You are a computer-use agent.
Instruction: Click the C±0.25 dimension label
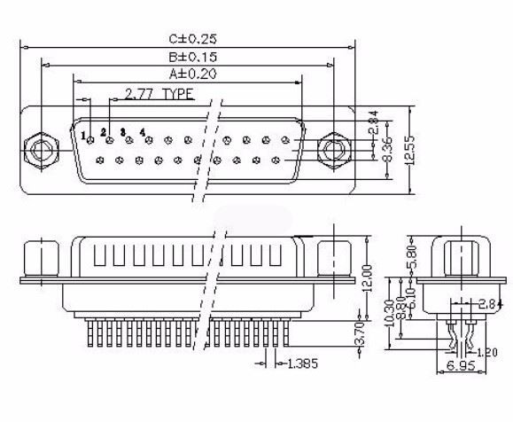(192, 38)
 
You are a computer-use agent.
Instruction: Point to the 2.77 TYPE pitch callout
(159, 92)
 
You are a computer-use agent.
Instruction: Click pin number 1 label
(84, 136)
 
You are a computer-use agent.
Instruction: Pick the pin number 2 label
(103, 132)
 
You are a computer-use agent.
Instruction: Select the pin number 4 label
(142, 131)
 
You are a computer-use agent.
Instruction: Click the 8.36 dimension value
(387, 152)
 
